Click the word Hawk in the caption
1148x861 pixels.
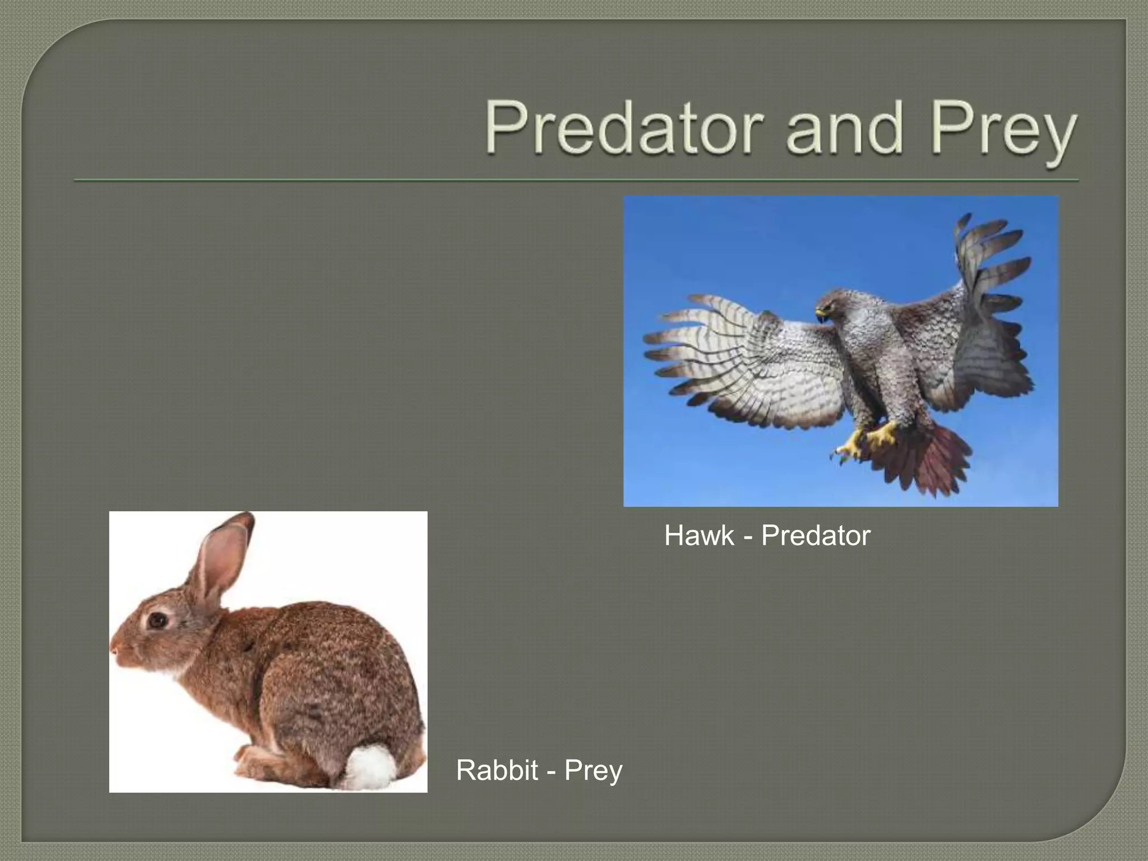[x=699, y=535]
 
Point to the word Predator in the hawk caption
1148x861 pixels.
[x=816, y=535]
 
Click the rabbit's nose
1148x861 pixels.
[x=114, y=650]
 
